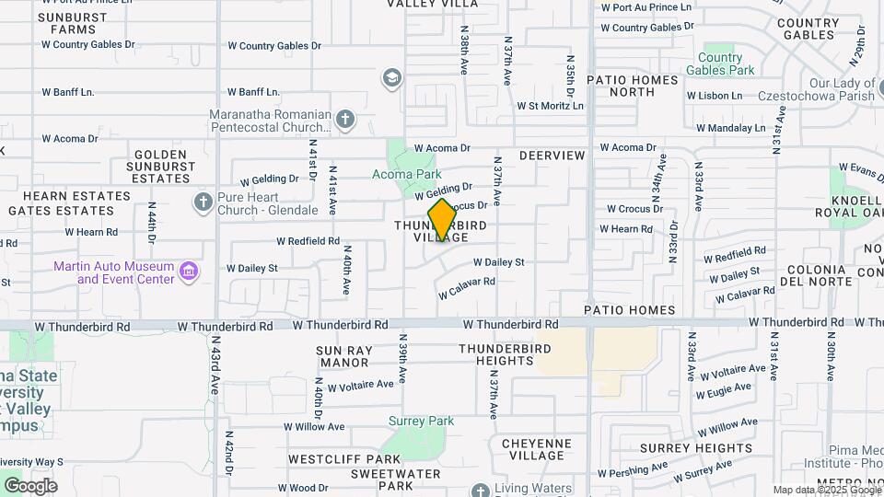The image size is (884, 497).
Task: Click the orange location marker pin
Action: coord(442,220)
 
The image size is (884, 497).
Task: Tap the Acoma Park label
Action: coord(407,174)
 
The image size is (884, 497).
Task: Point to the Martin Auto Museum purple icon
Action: coord(189,272)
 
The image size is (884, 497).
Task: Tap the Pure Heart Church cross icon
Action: coord(203,202)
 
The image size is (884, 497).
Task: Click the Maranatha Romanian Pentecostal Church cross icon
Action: coord(344,120)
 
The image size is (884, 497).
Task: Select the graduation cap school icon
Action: coord(393,79)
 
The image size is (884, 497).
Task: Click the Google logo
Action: coord(29,485)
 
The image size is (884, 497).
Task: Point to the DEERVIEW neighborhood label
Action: coord(552,156)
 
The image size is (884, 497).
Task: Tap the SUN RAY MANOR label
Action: coord(343,356)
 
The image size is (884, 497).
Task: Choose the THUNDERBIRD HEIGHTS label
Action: coord(505,354)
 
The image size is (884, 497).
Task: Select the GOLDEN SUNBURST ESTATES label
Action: coord(165,168)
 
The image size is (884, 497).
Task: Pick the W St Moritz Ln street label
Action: coord(550,106)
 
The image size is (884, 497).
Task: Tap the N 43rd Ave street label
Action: coord(214,370)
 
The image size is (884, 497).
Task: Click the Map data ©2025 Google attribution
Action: coord(827,490)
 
